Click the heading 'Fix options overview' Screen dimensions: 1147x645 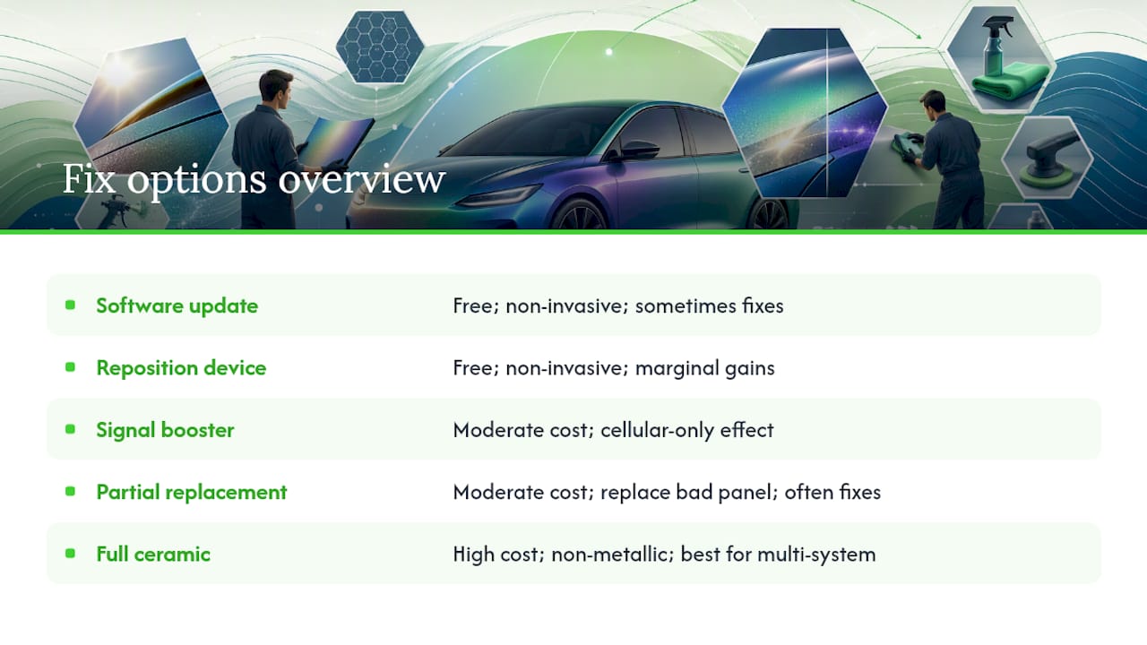pyautogui.click(x=254, y=180)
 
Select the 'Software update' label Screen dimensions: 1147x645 pyautogui.click(x=177, y=305)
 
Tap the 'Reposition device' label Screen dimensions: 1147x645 pyautogui.click(x=181, y=367)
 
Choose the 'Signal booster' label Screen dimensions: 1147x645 pyautogui.click(x=165, y=429)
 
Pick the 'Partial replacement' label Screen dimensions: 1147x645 pyautogui.click(x=192, y=492)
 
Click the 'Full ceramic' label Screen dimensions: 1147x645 pyautogui.click(x=153, y=554)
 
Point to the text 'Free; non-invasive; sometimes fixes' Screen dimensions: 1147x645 pyautogui.click(x=618, y=305)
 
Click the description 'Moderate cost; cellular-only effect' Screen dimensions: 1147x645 pyautogui.click(x=614, y=429)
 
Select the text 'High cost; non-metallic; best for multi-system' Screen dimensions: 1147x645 pyautogui.click(x=664, y=554)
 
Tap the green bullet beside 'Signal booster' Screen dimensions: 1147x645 pyautogui.click(x=70, y=429)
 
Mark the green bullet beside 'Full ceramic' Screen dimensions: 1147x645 pyautogui.click(x=70, y=554)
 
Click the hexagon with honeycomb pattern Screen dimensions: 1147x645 pyautogui.click(x=380, y=47)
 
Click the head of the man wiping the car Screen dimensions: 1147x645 pyautogui.click(x=934, y=104)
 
